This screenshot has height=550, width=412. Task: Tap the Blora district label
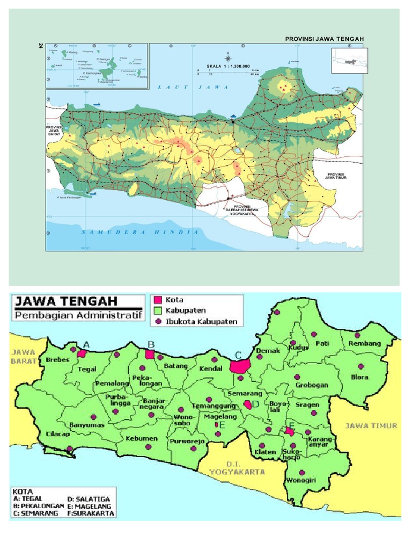[359, 377]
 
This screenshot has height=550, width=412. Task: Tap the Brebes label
[58, 359]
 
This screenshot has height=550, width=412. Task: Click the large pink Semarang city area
[240, 366]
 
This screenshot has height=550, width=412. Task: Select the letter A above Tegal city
[86, 344]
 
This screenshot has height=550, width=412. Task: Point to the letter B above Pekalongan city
[151, 344]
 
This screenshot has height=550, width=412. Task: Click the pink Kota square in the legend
[158, 299]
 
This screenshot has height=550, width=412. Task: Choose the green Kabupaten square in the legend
[158, 310]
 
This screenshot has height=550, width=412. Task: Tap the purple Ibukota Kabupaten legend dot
[158, 322]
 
